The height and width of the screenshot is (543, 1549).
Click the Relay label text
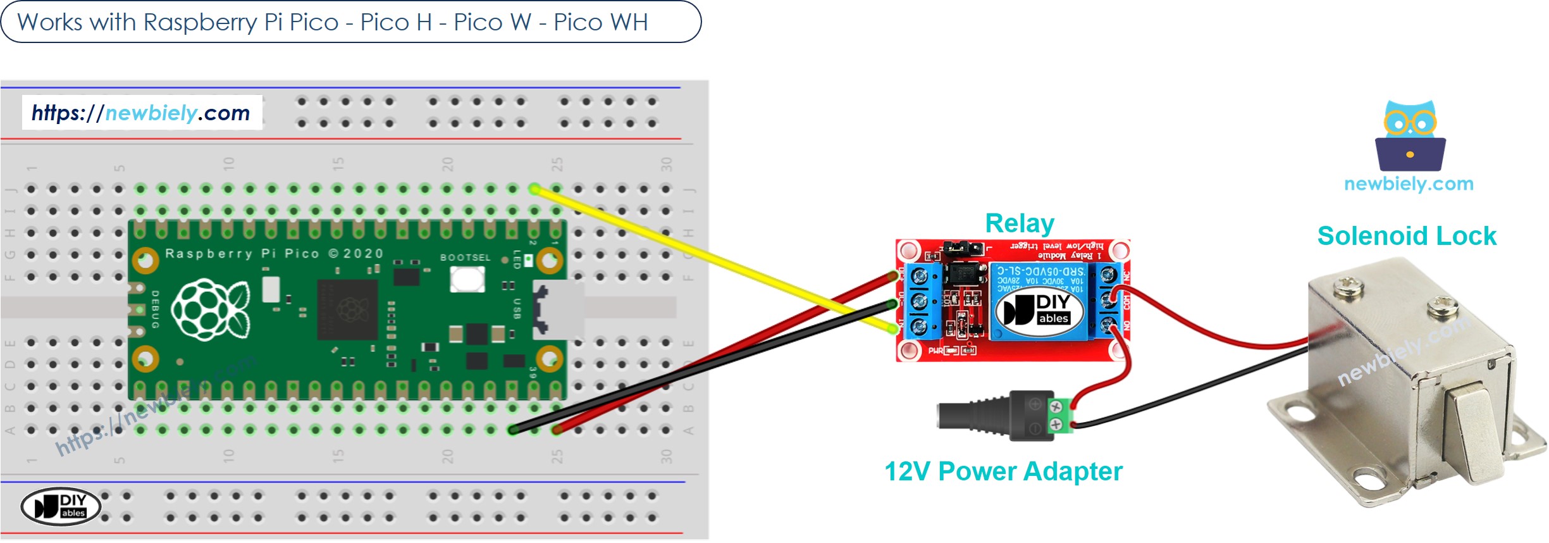(1019, 223)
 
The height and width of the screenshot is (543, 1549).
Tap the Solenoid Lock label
(1406, 236)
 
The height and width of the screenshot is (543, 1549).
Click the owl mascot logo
(1410, 136)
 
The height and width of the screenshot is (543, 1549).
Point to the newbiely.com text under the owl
(1409, 184)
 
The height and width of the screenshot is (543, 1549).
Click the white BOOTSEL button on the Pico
(467, 279)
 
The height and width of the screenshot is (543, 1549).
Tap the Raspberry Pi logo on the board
(210, 309)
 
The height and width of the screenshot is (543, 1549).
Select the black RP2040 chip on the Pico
(347, 310)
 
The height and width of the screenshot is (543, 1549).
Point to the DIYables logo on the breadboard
(61, 507)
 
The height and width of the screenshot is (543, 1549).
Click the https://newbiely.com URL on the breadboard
(141, 113)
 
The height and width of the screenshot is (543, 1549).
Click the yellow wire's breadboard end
(534, 189)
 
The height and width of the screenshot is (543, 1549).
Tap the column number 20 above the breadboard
(447, 165)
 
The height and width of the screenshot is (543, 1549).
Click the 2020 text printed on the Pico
(363, 254)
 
